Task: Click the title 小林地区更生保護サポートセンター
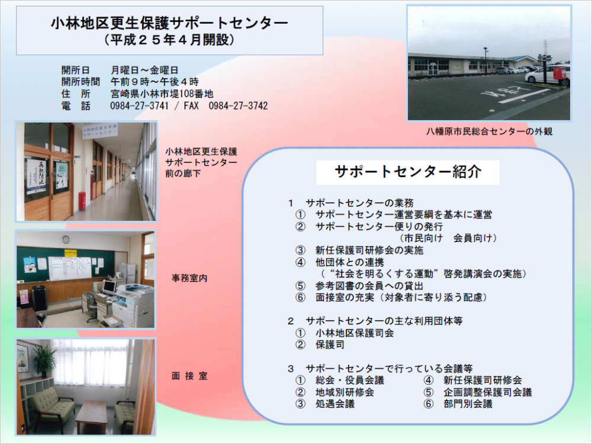coord(169,23)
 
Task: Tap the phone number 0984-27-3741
coord(139,106)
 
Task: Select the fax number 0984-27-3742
coord(238,106)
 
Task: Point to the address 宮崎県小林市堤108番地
coord(162,94)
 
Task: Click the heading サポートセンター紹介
coord(408,172)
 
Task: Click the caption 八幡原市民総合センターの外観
coord(490,131)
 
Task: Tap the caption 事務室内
coord(189,278)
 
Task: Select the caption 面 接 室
coord(189,376)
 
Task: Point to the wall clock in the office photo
coord(66,239)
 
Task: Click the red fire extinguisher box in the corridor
coord(82,201)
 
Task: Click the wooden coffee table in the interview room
coord(92,416)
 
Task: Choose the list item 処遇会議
coord(335,404)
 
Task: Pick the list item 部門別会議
coord(468,404)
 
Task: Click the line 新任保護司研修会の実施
coord(369,250)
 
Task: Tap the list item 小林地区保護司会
coord(355,333)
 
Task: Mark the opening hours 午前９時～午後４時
coord(155,82)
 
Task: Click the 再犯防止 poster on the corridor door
coord(36,176)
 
